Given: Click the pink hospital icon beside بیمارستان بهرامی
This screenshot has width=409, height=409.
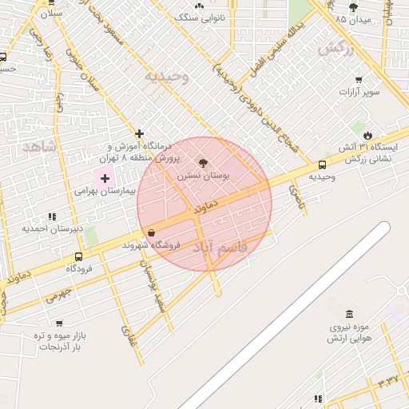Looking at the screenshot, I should (105, 177).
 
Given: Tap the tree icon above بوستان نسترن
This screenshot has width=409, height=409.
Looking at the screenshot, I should (203, 161).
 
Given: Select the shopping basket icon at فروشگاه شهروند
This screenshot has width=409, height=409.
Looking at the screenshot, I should (151, 232).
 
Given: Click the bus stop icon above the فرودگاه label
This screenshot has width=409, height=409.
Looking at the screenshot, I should (78, 256).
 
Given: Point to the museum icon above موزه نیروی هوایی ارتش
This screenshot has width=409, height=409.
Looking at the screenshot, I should (349, 314).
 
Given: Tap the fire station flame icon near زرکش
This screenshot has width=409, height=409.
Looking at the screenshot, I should (367, 135).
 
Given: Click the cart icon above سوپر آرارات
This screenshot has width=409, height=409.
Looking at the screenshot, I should (359, 79).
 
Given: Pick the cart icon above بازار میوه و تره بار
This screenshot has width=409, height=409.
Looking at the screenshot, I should (59, 324).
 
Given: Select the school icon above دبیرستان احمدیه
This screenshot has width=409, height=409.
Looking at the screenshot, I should (52, 216).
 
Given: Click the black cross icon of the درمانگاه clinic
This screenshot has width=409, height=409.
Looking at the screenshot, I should (140, 133).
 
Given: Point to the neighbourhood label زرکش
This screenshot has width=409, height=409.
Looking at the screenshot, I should (335, 48).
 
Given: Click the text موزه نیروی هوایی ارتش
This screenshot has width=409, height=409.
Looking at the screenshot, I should (345, 333).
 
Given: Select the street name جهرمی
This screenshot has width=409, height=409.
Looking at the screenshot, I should (58, 296).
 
